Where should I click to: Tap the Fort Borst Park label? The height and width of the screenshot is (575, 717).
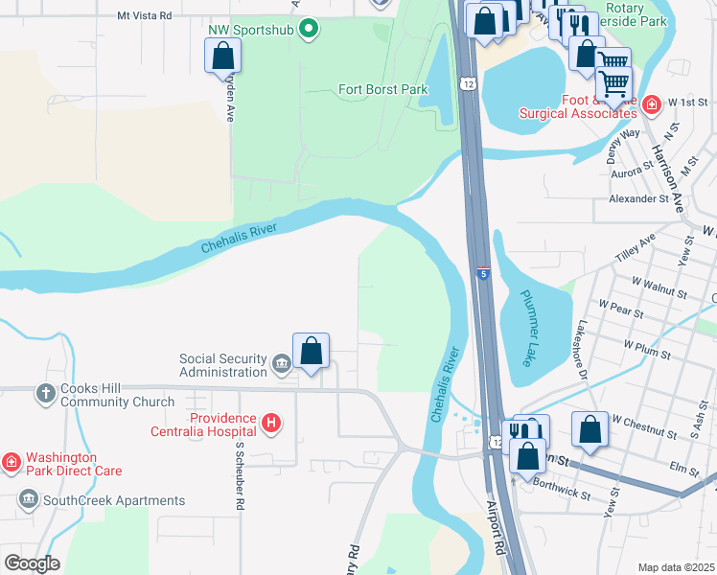click(x=382, y=90)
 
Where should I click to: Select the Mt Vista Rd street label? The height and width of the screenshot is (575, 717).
click(x=144, y=16)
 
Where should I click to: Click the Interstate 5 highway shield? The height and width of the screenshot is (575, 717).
click(x=483, y=274)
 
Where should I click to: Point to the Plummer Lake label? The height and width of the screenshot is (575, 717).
click(x=528, y=328)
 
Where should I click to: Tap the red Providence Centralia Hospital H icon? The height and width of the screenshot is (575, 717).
click(x=271, y=423)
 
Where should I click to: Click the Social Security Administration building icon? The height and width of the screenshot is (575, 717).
click(x=282, y=363)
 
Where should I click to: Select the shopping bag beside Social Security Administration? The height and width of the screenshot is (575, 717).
click(x=311, y=351)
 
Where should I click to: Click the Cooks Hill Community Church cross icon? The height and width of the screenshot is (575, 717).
click(x=45, y=393)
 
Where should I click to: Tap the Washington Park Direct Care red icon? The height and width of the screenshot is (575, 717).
click(x=12, y=463)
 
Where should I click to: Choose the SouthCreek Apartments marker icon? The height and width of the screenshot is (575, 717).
click(x=28, y=499)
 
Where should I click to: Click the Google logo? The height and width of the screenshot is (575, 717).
click(x=32, y=563)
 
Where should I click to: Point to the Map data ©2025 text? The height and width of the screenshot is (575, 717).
click(x=676, y=567)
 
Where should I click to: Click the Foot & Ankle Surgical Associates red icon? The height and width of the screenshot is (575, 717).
click(x=652, y=104)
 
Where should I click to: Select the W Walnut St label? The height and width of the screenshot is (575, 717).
click(x=660, y=287)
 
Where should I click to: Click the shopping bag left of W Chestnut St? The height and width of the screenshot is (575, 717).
click(x=590, y=431)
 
